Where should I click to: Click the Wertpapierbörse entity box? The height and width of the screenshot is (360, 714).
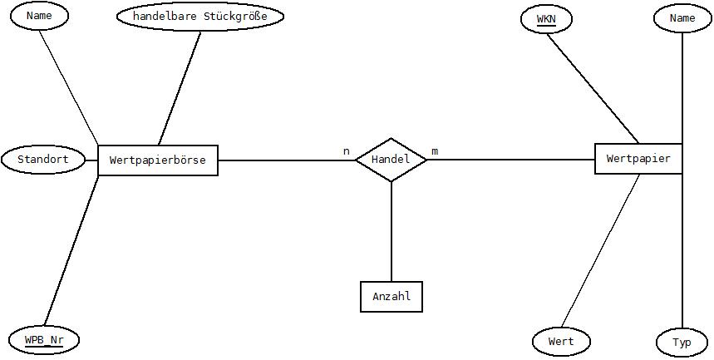click(x=158, y=160)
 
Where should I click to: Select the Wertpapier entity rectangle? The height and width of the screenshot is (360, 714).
click(x=638, y=159)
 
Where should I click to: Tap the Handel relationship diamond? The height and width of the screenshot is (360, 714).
click(x=391, y=160)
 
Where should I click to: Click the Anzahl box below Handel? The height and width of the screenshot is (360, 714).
click(x=391, y=297)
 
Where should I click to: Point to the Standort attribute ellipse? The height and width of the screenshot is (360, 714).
click(x=43, y=160)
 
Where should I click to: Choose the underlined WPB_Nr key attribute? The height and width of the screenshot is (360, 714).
click(x=44, y=340)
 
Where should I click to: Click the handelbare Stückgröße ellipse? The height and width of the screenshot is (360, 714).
click(x=200, y=17)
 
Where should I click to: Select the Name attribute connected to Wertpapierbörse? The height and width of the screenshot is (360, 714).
click(x=39, y=16)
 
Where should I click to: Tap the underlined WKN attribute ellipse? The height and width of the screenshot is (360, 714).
click(x=546, y=19)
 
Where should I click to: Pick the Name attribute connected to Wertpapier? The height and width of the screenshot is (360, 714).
click(x=682, y=18)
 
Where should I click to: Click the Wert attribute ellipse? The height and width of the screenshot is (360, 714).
click(x=561, y=342)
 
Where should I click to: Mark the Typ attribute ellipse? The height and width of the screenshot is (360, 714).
click(x=682, y=343)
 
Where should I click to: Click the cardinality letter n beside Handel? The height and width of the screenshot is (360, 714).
click(x=347, y=151)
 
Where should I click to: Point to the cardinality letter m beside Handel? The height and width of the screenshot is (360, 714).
click(x=435, y=151)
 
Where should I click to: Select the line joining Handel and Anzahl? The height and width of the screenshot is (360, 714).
click(x=391, y=231)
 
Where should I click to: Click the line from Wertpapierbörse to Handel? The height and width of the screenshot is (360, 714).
click(x=287, y=160)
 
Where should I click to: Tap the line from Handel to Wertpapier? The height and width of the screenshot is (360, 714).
click(x=511, y=160)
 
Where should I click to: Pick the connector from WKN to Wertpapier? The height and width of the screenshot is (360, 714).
click(x=593, y=89)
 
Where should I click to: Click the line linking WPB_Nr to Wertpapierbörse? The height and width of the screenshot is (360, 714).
click(x=71, y=251)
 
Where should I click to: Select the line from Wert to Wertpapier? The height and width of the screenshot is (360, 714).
click(x=600, y=251)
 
